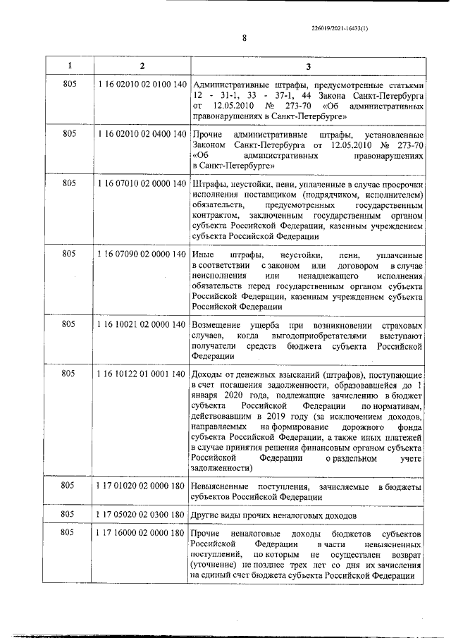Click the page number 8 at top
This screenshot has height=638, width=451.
click(244, 39)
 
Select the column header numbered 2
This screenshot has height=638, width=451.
click(142, 66)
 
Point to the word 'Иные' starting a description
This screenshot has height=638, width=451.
click(202, 254)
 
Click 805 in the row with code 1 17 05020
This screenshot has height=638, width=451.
click(69, 515)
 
